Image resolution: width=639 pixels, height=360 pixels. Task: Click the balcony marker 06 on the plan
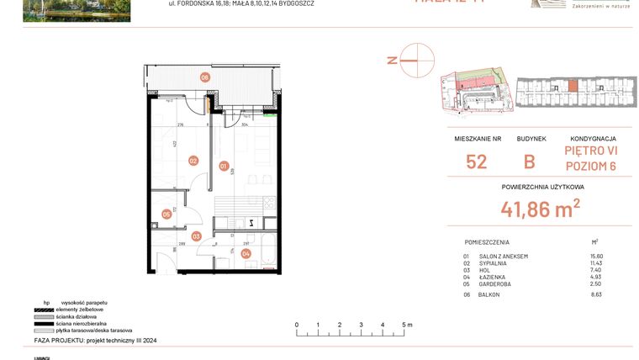(204, 77)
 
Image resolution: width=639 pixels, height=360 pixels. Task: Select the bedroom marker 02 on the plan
(193, 161)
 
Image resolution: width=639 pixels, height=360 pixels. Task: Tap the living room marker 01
(224, 166)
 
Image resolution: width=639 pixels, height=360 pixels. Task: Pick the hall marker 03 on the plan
(196, 236)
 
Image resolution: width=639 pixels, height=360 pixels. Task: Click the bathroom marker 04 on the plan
(246, 253)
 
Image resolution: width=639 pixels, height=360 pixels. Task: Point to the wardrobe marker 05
(166, 214)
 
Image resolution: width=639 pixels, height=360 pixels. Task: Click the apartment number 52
(476, 161)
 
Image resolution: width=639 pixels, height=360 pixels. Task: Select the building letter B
(530, 161)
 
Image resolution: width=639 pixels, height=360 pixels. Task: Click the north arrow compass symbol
(417, 60)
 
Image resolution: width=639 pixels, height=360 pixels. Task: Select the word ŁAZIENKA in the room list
(494, 277)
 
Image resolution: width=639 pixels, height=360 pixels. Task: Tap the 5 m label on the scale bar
(406, 324)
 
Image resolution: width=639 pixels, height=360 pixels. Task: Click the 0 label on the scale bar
(296, 324)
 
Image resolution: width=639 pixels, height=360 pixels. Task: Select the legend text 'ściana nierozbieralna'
(77, 324)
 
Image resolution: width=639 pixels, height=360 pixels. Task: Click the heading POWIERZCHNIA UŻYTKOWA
(542, 187)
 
